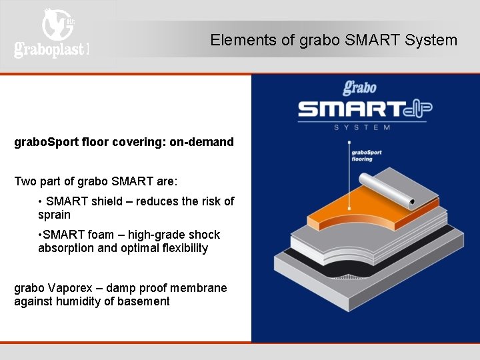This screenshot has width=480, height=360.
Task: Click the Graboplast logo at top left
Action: click(51, 33)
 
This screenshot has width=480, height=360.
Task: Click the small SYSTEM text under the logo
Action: click(362, 127)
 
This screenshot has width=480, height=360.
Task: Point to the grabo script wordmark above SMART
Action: click(360, 87)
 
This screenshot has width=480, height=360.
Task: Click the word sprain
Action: click(54, 215)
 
